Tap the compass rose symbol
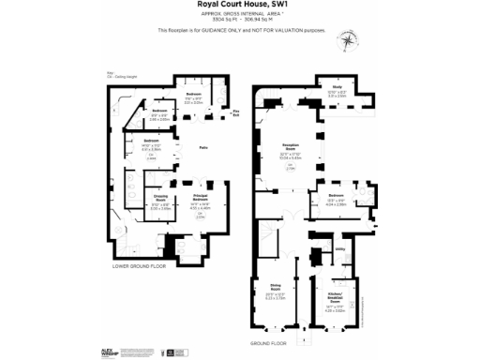tap(350, 39)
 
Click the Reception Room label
tap(290, 147)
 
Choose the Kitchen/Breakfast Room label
tap(335, 299)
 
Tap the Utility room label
tap(339, 249)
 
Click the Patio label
tap(202, 146)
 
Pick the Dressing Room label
tap(161, 201)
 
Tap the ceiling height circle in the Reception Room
tap(290, 168)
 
